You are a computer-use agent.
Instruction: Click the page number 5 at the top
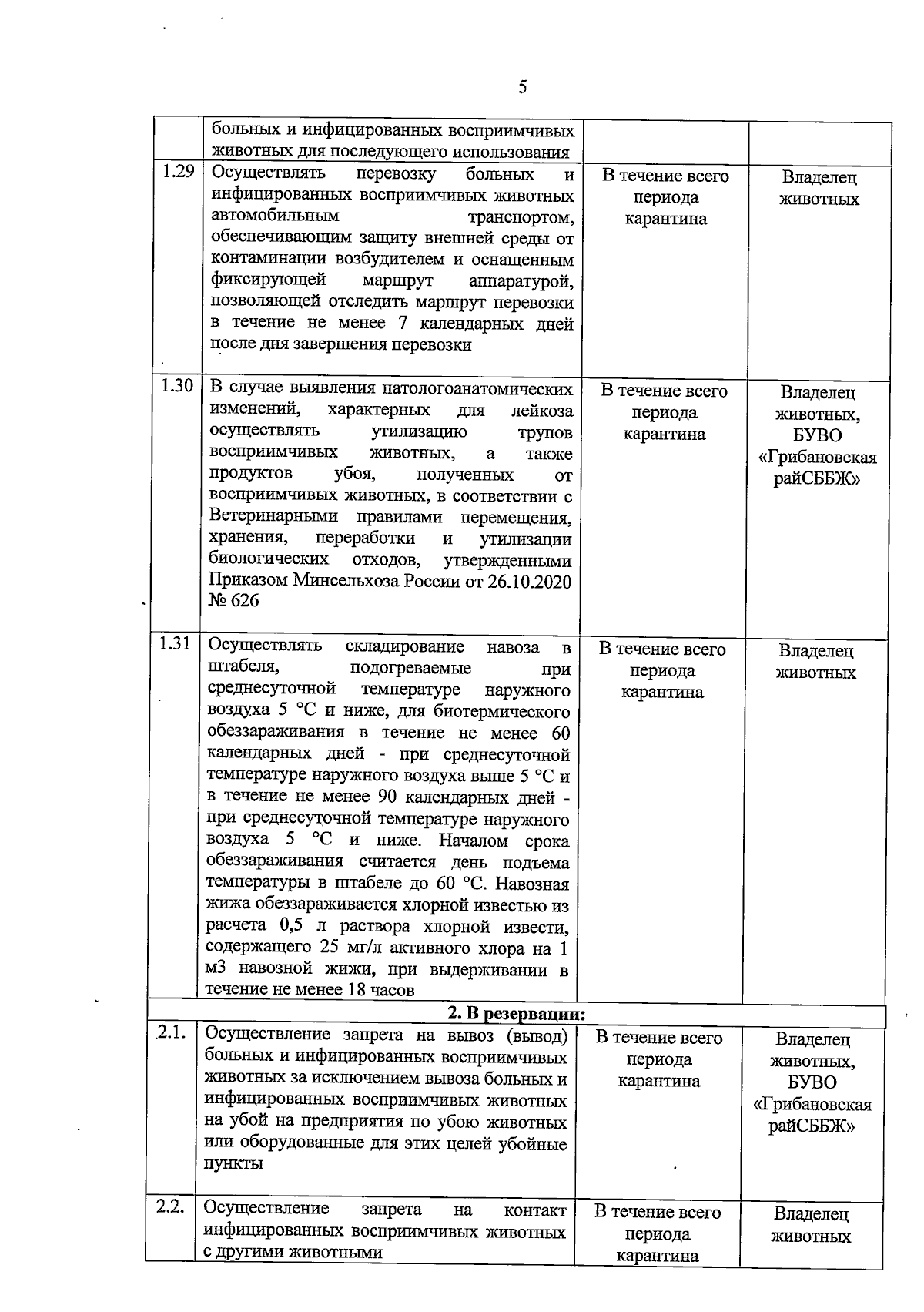click(523, 87)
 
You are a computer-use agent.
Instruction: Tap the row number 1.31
click(175, 644)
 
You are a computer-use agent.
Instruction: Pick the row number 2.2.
click(169, 1207)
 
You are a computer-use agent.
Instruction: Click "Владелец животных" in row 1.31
click(815, 662)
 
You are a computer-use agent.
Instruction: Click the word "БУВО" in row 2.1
click(812, 1083)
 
